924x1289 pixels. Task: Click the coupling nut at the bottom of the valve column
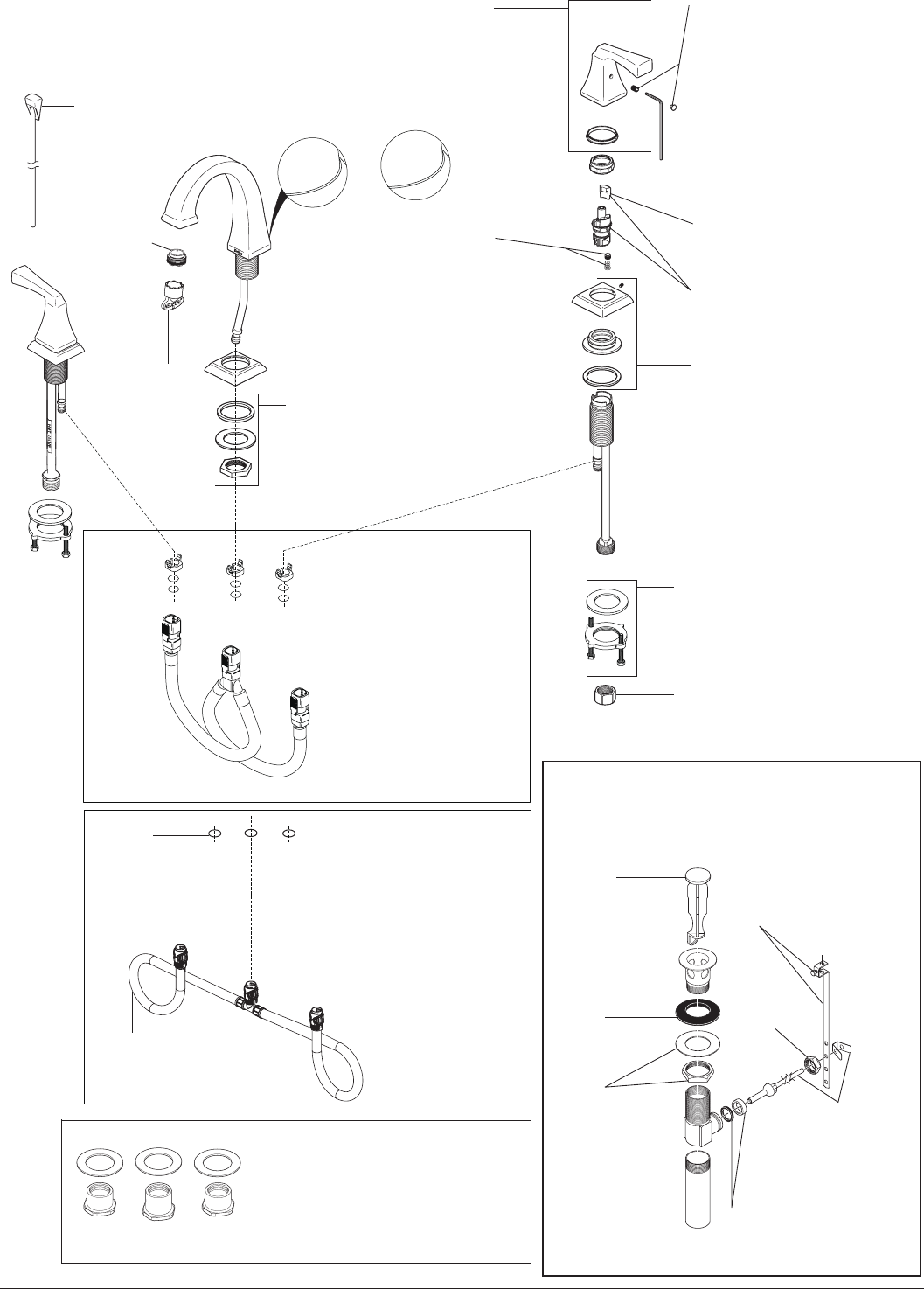tap(602, 547)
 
